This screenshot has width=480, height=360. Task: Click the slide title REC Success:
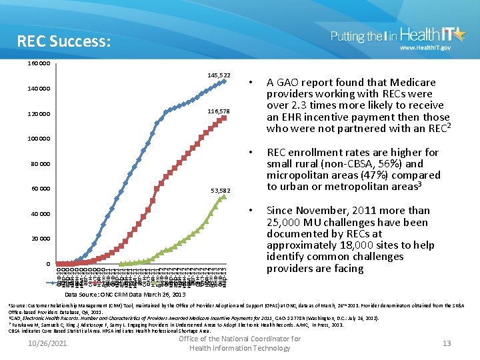(64, 42)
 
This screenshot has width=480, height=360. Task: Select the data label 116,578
(218, 111)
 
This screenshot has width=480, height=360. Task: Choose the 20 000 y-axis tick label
(41, 239)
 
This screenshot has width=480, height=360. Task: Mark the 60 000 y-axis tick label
(41, 189)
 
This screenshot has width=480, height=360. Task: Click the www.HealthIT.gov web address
(425, 48)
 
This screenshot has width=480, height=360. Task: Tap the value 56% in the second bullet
(391, 164)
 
